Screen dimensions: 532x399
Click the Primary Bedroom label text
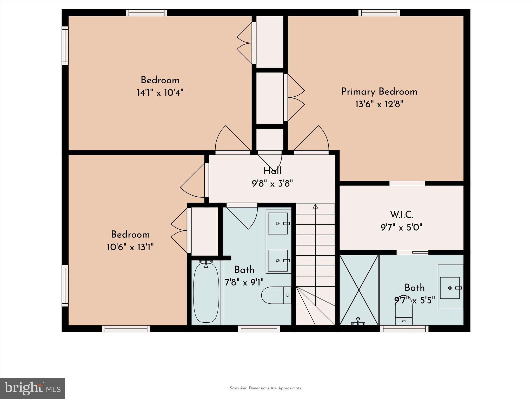pyautogui.click(x=379, y=92)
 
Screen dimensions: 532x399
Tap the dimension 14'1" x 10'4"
pyautogui.click(x=160, y=92)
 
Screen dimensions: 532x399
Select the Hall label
pyautogui.click(x=272, y=171)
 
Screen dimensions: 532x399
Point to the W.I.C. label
pyautogui.click(x=402, y=215)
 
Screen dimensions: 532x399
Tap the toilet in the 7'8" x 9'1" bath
pyautogui.click(x=276, y=295)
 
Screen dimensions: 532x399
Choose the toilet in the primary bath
pyautogui.click(x=404, y=314)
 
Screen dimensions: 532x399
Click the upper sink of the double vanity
pyautogui.click(x=278, y=223)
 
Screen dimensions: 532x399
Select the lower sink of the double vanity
pyautogui.click(x=278, y=261)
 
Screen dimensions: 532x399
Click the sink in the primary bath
pyautogui.click(x=450, y=288)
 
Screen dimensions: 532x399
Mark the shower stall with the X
pyautogui.click(x=359, y=290)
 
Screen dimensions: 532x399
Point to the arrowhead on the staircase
pyautogui.click(x=315, y=207)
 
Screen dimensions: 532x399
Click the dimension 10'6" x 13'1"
pyautogui.click(x=130, y=247)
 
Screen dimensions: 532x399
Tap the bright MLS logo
pyautogui.click(x=32, y=388)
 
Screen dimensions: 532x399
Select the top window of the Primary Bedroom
pyautogui.click(x=379, y=12)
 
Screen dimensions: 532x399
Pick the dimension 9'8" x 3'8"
pyautogui.click(x=272, y=184)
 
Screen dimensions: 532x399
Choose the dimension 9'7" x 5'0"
pyautogui.click(x=401, y=228)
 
